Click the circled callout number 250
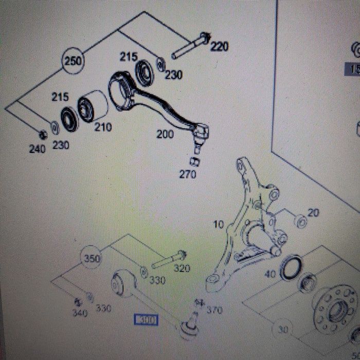[x=73, y=61]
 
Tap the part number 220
[x=219, y=47]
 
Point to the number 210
[x=103, y=127]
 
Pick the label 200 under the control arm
[x=166, y=135]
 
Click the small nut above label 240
[x=44, y=135]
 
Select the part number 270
[x=188, y=174]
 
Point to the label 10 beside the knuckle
[x=219, y=224]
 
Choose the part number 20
[x=313, y=212]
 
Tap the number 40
[x=270, y=274]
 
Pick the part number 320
[x=182, y=268]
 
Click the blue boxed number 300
[x=146, y=320]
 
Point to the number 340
[x=80, y=312]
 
